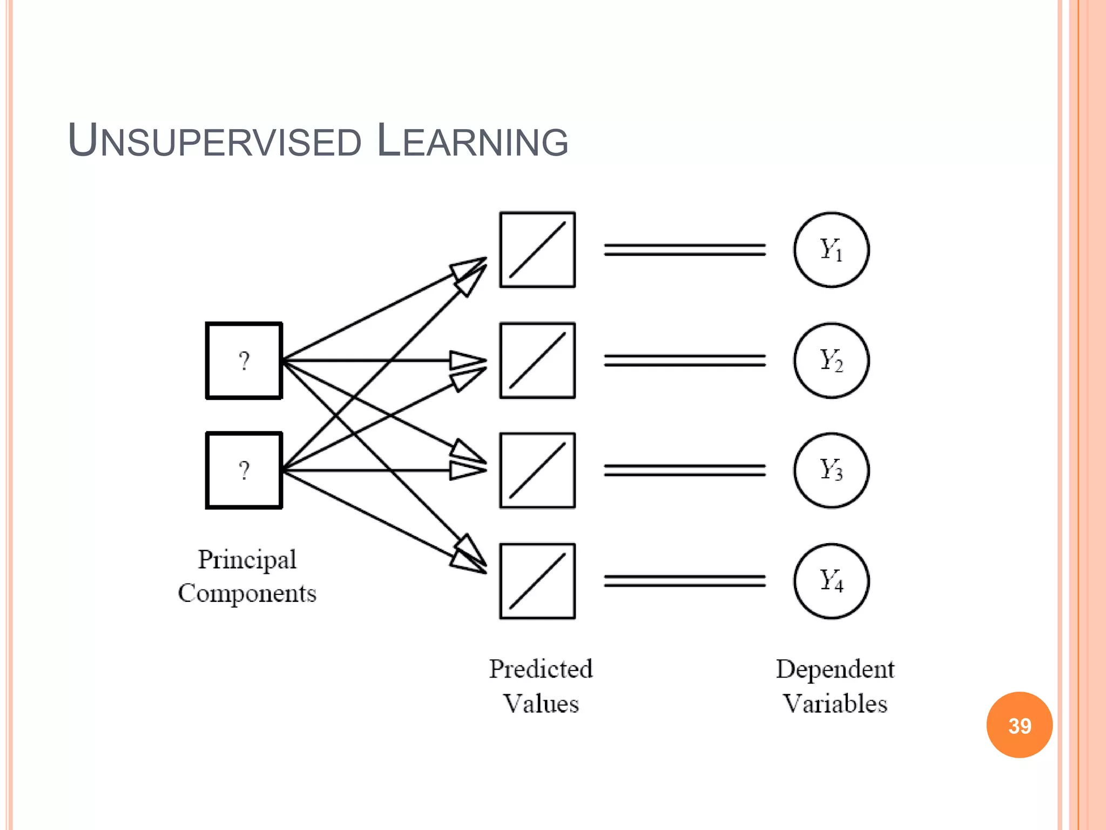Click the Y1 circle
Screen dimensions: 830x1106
pyautogui.click(x=831, y=250)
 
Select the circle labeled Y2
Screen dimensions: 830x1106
pyautogui.click(x=831, y=360)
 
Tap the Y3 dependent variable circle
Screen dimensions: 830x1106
pyautogui.click(x=831, y=470)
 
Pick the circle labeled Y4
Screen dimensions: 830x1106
pyautogui.click(x=831, y=581)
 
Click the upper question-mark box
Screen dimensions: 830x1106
pyautogui.click(x=244, y=360)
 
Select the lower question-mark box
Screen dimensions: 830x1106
pyautogui.click(x=244, y=470)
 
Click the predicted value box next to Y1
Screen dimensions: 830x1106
pyautogui.click(x=537, y=250)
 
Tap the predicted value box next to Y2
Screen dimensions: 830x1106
pyautogui.click(x=537, y=360)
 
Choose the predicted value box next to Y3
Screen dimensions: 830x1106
pyautogui.click(x=537, y=470)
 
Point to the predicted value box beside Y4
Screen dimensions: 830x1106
pyautogui.click(x=537, y=581)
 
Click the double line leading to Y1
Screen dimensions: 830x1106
pyautogui.click(x=684, y=250)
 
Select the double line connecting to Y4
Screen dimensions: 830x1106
pyautogui.click(x=684, y=581)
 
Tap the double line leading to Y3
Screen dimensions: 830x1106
pyautogui.click(x=684, y=470)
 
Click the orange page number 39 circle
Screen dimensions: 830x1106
pyautogui.click(x=1019, y=725)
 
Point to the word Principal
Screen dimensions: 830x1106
pyautogui.click(x=247, y=560)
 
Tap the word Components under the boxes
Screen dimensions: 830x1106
pyautogui.click(x=247, y=593)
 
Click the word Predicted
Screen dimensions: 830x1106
pyautogui.click(x=541, y=669)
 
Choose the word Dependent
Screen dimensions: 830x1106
pyautogui.click(x=835, y=669)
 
